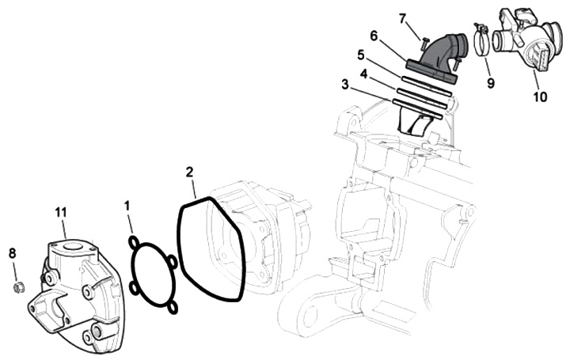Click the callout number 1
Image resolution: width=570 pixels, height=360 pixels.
coord(127,206)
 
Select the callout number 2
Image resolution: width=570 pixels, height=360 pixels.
coord(189,172)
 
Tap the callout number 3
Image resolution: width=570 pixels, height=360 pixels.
coord(345,85)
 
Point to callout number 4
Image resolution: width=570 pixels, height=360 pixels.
coord(363,74)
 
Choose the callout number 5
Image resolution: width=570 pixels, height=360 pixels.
coord(360,55)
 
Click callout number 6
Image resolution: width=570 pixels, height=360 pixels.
coord(374,36)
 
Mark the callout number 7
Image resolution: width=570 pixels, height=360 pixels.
coord(401,17)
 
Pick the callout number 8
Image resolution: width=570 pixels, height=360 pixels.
coord(13,253)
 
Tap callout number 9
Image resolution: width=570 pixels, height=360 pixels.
coord(491,83)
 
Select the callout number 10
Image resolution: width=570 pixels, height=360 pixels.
coord(540,97)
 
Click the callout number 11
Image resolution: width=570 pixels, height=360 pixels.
coord(61,212)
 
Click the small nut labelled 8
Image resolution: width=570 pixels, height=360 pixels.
coord(17,287)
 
